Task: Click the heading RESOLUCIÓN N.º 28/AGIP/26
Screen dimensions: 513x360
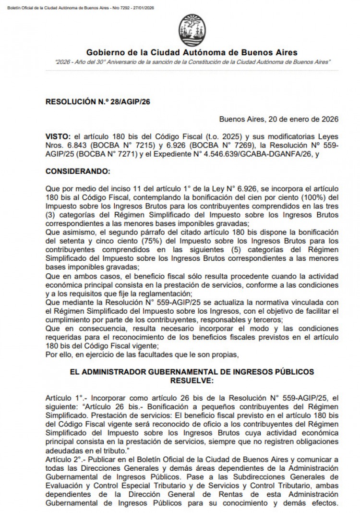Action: click(92, 102)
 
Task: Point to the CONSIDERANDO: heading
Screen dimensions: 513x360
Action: click(78, 171)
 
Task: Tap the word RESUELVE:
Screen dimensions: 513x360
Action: click(192, 380)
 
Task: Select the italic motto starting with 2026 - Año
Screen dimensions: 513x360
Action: click(192, 62)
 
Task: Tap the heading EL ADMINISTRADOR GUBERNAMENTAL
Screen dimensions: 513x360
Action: click(192, 372)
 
